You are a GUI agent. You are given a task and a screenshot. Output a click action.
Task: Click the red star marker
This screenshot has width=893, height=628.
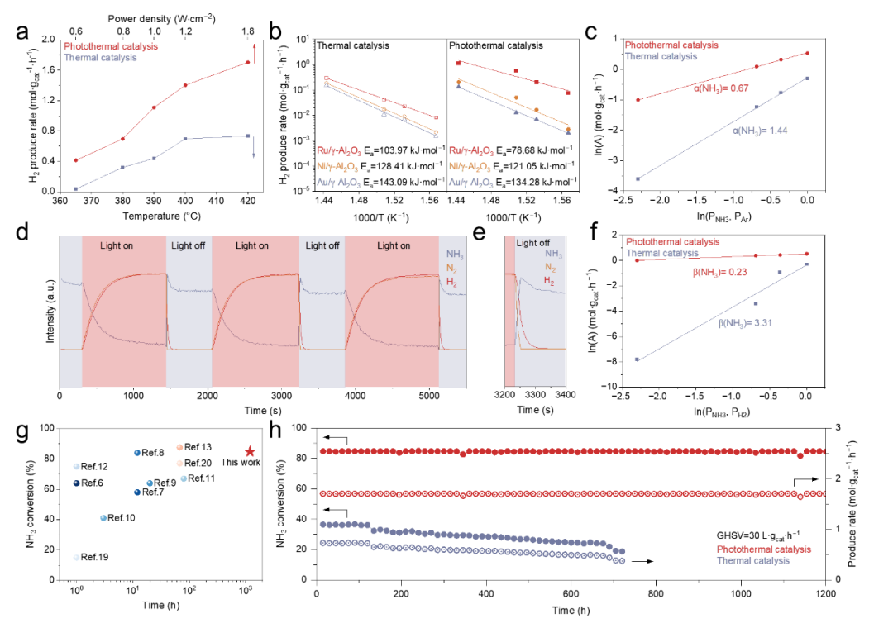pos(250,452)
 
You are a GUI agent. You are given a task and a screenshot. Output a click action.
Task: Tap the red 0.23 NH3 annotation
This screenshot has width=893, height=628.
pos(719,272)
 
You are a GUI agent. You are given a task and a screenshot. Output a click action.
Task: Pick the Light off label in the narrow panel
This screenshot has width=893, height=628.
pos(532,243)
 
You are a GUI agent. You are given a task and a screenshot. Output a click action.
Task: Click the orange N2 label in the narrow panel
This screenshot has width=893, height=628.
pos(550,267)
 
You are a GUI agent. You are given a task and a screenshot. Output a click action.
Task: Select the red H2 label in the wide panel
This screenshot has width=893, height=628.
pos(451,283)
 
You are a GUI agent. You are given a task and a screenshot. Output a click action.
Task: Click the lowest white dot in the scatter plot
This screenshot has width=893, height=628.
pos(77,558)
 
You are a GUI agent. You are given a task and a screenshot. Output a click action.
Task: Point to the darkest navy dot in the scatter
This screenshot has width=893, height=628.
pos(76,483)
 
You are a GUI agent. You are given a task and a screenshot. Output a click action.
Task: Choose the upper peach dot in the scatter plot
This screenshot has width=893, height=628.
pos(179,448)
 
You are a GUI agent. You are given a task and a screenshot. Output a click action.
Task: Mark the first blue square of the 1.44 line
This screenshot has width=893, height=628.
pos(638,178)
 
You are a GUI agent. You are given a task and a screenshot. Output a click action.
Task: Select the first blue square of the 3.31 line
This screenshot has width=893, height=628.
pos(637,359)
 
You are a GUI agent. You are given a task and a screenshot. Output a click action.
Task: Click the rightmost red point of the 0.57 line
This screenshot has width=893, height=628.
pos(807,53)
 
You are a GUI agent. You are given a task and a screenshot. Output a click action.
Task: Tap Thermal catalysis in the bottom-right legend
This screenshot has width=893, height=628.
pos(752,560)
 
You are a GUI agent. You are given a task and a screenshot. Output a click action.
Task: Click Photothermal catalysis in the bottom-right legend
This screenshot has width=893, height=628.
pos(764,549)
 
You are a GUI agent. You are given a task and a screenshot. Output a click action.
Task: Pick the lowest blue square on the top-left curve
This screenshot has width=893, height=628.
pos(76,189)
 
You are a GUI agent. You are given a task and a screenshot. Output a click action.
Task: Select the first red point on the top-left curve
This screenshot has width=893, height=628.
pos(76,160)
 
